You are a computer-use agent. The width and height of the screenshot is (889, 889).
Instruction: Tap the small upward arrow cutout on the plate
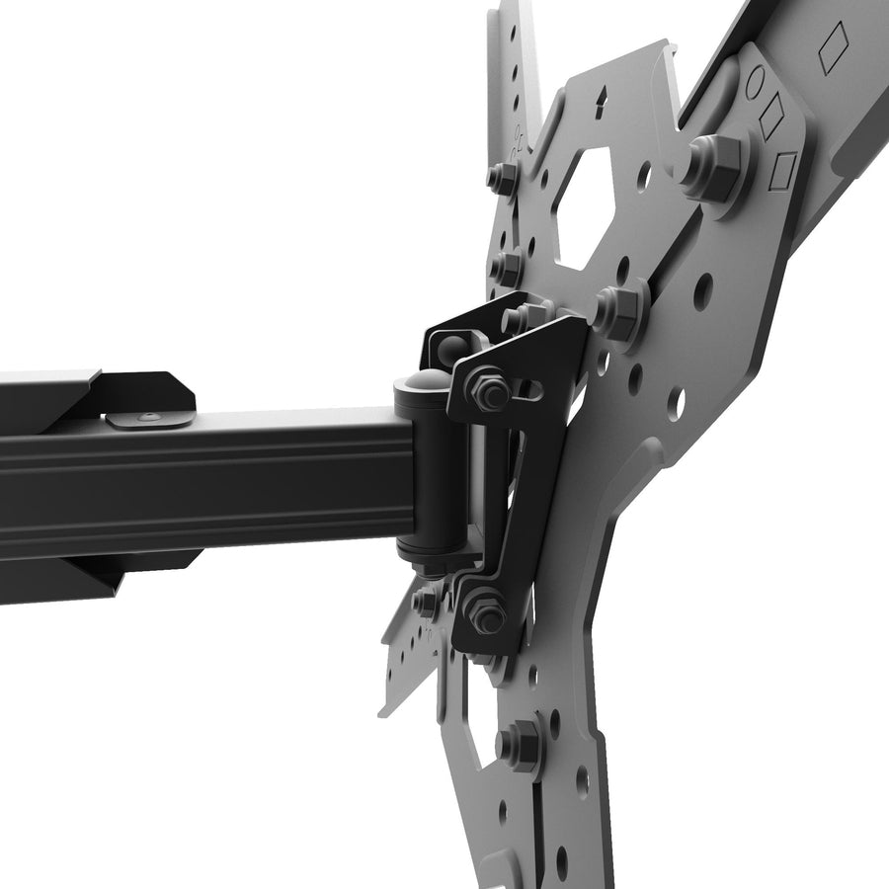(601, 98)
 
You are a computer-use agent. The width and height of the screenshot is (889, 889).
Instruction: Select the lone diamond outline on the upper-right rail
(835, 44)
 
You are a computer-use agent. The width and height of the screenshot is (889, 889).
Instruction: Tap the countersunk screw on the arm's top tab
(146, 418)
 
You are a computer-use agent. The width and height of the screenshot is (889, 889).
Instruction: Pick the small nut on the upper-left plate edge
(504, 179)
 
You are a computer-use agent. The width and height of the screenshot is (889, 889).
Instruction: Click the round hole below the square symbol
(703, 290)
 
